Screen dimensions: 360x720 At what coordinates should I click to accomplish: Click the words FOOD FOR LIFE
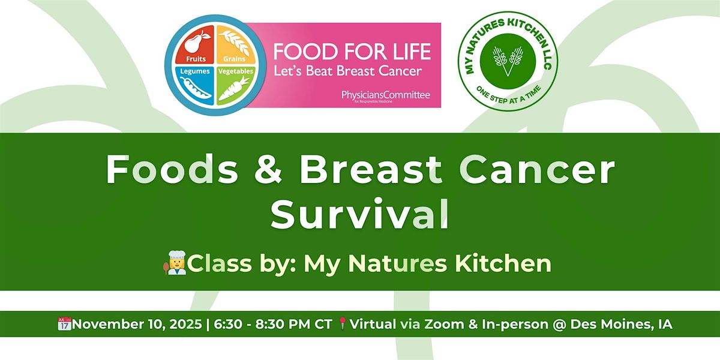[x=352, y=52]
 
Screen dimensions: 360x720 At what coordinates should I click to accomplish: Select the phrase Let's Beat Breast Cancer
[x=347, y=71]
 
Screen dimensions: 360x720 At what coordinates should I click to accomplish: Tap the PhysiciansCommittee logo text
[x=385, y=95]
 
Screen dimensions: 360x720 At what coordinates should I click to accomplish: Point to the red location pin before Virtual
[x=343, y=324]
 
